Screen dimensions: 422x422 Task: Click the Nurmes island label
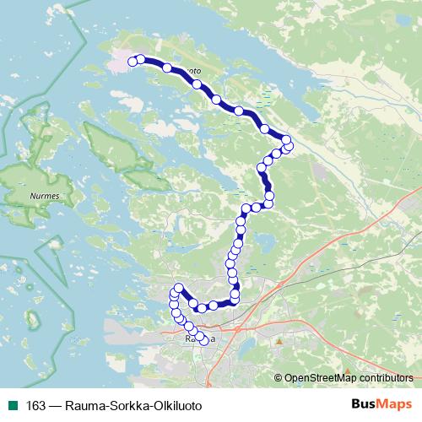click(x=35, y=200)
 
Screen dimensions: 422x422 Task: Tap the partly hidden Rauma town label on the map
click(x=199, y=339)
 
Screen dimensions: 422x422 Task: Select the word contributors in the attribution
click(x=386, y=377)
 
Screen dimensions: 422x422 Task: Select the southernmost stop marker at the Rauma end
click(x=203, y=341)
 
